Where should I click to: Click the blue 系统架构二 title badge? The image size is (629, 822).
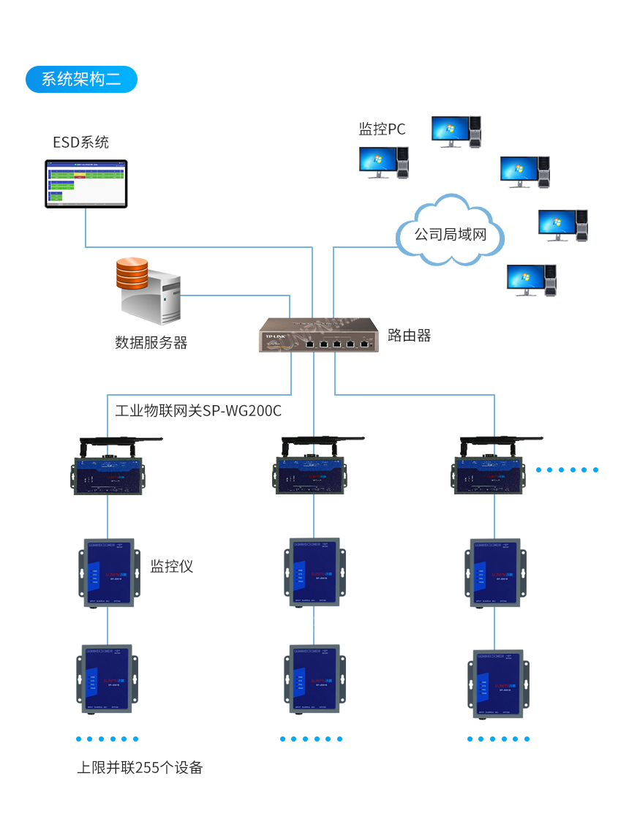81,79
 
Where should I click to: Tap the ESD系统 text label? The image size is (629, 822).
80,142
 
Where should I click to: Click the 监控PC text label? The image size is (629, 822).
382,129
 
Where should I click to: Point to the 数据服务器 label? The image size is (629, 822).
151,342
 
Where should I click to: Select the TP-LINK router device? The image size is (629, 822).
318,336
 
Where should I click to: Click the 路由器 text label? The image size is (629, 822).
409,336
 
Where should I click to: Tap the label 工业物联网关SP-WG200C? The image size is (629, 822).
198,410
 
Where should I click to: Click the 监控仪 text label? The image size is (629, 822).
172,566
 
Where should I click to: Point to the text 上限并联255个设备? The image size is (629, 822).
140,767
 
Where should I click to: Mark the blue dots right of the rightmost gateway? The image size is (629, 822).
568,470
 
